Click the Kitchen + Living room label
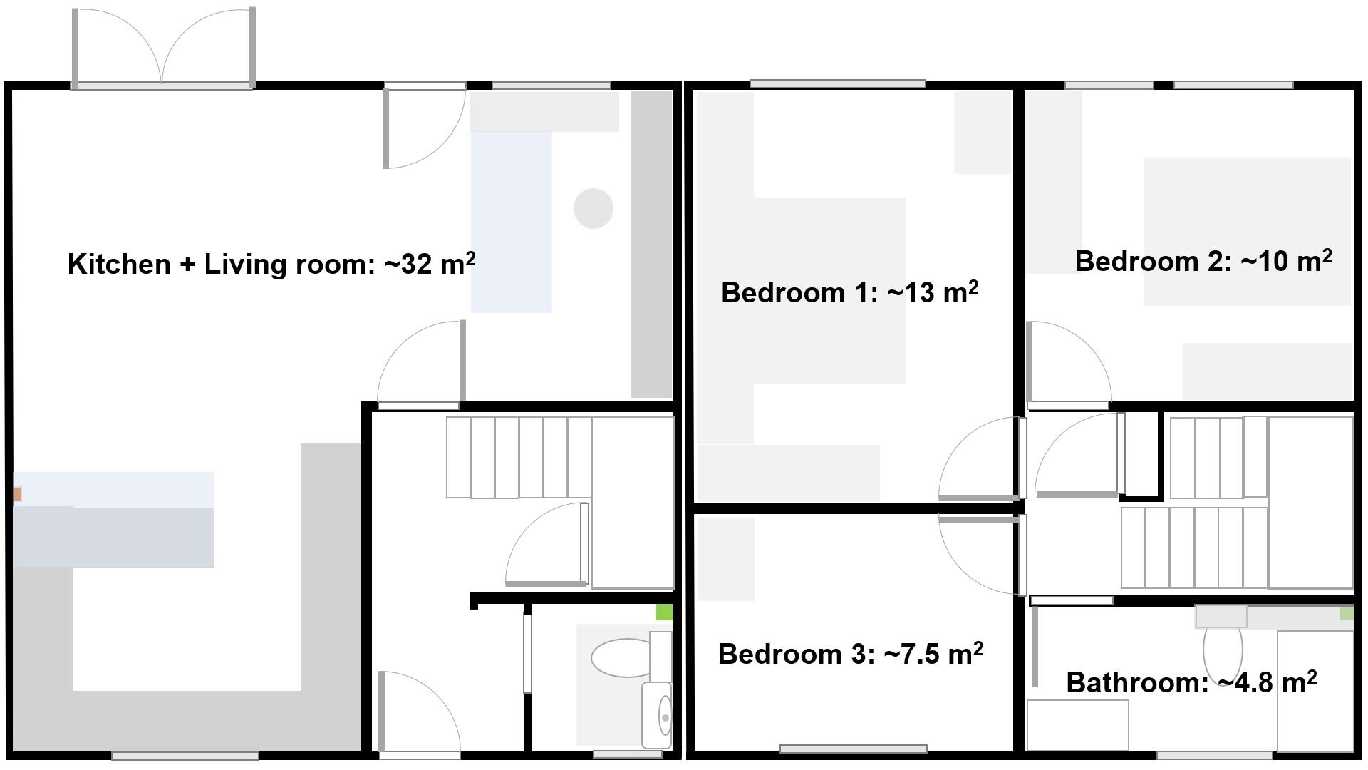coord(271,264)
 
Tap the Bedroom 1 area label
coord(849,292)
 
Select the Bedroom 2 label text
coord(1203,261)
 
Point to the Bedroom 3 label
coord(850,654)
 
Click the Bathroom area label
coord(1191,682)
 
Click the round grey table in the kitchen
coord(594,208)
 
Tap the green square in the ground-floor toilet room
coord(664,612)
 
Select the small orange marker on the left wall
coord(17,493)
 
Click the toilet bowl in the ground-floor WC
coord(621,657)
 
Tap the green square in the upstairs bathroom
coord(1346,613)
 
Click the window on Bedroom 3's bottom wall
coord(853,749)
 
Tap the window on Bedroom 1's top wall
coord(837,83)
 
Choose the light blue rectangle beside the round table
coord(511,222)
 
